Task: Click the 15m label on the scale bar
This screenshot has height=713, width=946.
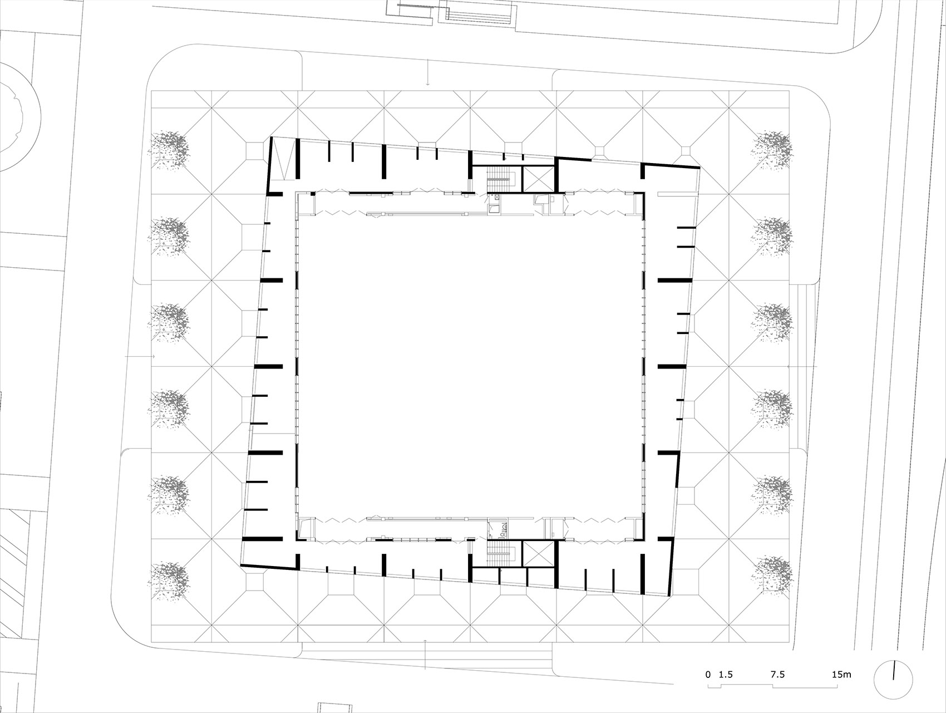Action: coord(841,675)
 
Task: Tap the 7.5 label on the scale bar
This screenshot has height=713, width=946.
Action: coord(777,675)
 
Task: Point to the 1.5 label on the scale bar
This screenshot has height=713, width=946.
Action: coord(726,675)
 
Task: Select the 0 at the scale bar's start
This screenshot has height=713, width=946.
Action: coord(708,675)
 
